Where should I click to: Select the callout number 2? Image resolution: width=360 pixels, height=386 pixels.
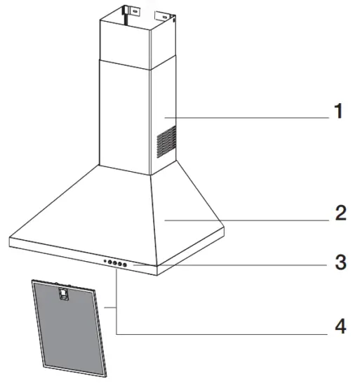(339, 213)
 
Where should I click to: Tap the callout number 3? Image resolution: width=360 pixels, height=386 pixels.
(340, 264)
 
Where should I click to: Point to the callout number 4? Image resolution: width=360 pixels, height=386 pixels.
(340, 326)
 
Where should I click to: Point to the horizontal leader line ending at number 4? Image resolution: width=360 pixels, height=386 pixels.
(225, 333)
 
